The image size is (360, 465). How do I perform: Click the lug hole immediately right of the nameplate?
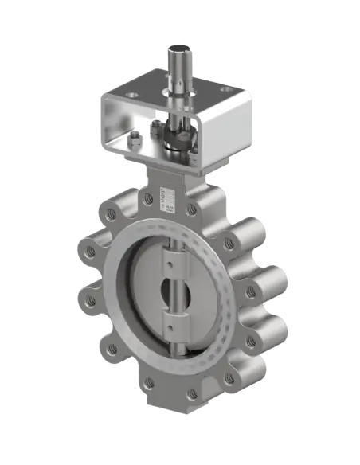click(x=191, y=209)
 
